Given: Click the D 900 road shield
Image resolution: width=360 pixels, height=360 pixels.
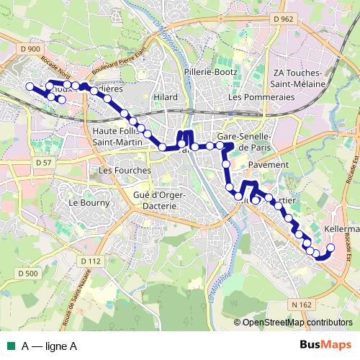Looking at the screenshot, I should click(31, 48).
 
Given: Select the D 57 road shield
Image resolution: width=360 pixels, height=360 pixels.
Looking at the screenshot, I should click(42, 163).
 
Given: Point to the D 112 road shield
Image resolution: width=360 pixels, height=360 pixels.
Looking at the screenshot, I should click(90, 261).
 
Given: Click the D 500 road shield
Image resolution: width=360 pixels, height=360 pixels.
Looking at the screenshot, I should click(27, 274).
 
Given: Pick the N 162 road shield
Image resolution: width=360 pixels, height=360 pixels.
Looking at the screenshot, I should click(302, 305).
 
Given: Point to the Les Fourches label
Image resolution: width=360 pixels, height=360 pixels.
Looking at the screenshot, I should click(125, 171).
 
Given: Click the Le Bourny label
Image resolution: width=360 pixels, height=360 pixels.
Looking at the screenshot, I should click(83, 203).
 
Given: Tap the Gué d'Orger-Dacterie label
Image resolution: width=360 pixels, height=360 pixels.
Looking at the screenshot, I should click(161, 201).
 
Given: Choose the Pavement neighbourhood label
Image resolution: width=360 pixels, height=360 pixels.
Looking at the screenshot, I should click(268, 165).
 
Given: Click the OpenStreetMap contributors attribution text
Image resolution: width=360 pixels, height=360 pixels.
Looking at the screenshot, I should click(297, 323).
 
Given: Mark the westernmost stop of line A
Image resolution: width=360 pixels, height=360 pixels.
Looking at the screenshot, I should click(30, 86).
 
